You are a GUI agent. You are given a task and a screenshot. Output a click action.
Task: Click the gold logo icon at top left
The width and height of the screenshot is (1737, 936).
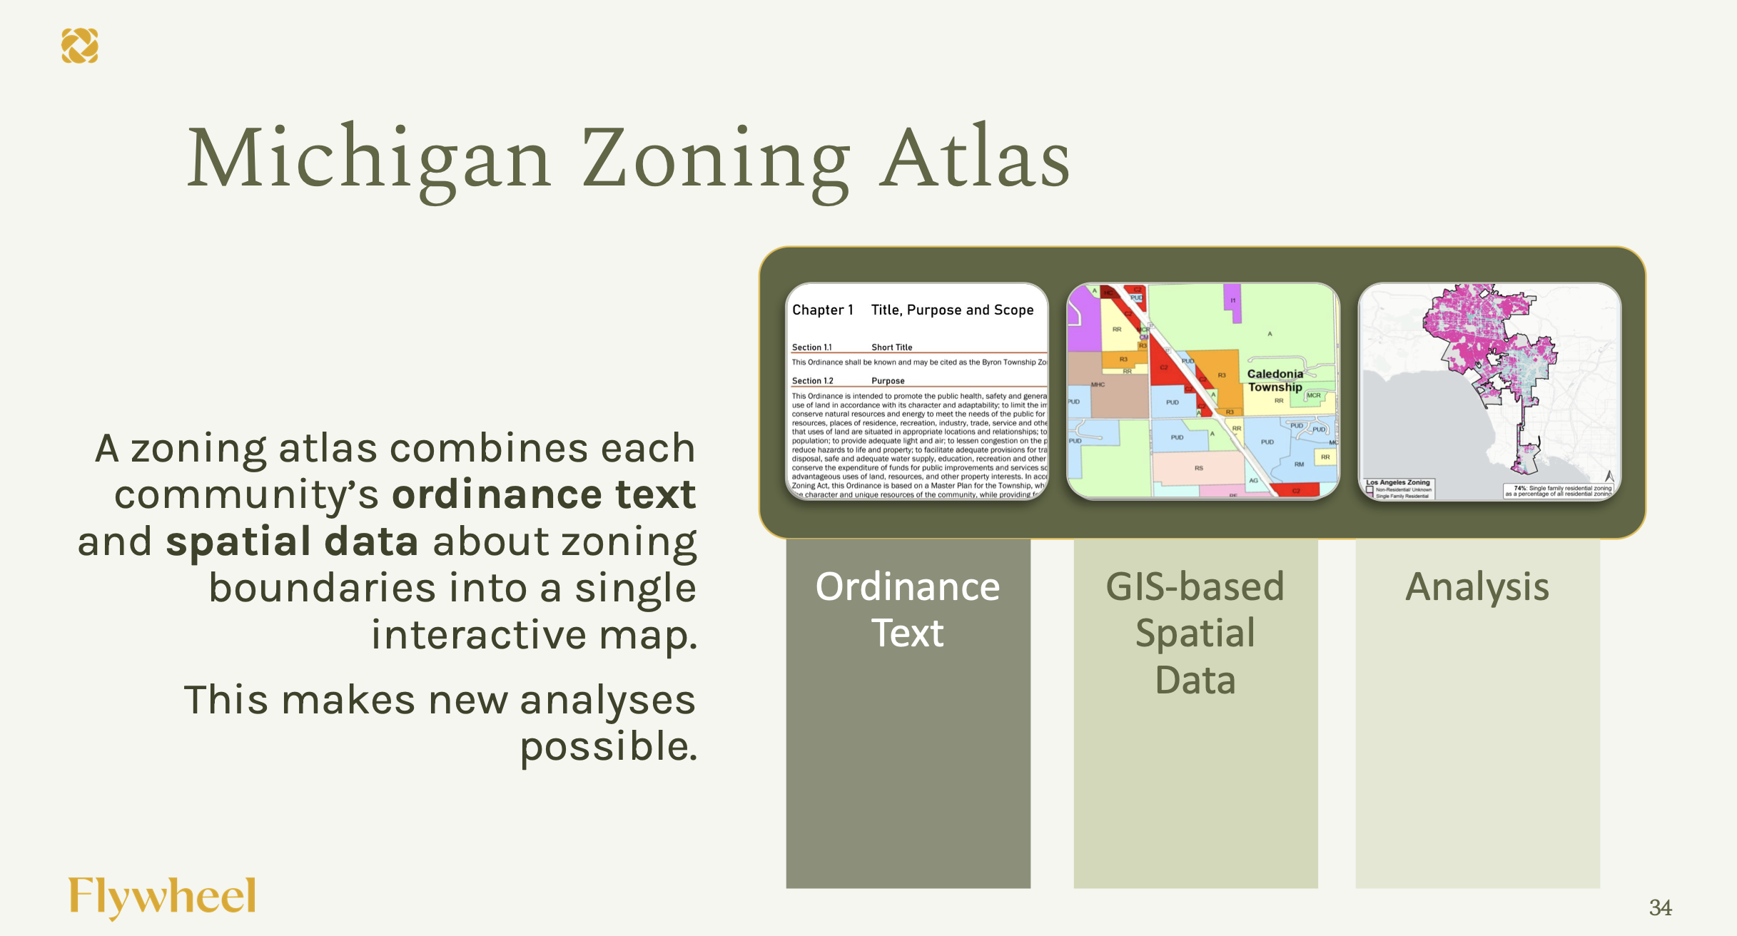(79, 46)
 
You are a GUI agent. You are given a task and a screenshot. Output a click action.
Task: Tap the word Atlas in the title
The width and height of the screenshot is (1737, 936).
(974, 158)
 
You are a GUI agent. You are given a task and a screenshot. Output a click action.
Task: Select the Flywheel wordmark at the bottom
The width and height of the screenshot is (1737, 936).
(162, 897)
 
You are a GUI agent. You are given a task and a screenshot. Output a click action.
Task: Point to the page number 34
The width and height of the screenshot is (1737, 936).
(1660, 907)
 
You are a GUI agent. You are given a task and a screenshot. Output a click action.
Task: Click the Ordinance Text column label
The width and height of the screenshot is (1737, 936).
(908, 610)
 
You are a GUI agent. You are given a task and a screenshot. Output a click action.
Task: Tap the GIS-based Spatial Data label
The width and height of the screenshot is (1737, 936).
(1195, 633)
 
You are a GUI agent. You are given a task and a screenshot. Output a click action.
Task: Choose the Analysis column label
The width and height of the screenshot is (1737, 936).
(1477, 587)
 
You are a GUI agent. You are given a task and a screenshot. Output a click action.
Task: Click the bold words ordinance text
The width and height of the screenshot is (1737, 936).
(544, 494)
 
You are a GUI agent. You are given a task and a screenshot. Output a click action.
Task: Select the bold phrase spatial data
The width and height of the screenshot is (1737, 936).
(292, 541)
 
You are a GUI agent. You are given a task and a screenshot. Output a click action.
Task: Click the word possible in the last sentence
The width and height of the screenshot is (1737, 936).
(608, 747)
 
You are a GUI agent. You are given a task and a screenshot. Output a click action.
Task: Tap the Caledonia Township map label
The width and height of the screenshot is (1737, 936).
(1275, 380)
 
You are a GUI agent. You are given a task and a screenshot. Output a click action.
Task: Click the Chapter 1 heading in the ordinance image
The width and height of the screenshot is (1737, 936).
(822, 310)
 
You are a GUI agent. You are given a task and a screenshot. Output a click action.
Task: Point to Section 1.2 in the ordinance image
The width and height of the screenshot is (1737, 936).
(812, 381)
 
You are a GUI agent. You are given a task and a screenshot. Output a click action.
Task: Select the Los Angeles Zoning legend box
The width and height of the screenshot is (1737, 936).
(1398, 489)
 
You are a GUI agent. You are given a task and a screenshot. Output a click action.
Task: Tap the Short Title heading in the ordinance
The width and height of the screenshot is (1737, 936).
(891, 347)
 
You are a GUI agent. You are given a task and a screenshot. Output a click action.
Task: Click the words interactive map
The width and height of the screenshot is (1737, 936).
(534, 635)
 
